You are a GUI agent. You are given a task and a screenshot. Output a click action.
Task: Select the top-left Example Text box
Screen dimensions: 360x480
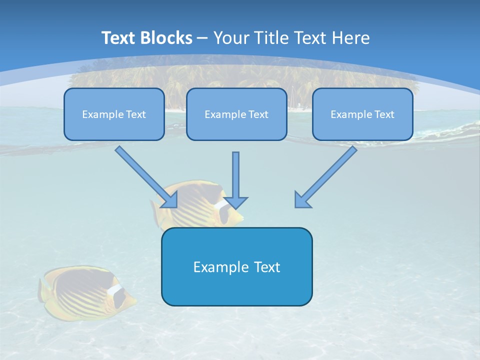click(x=114, y=114)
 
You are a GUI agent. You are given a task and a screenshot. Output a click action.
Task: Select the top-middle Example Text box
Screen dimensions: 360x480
click(x=236, y=114)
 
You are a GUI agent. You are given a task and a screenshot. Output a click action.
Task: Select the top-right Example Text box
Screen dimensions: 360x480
click(x=362, y=114)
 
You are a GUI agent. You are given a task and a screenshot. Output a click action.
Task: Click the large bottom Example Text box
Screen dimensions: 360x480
click(x=236, y=266)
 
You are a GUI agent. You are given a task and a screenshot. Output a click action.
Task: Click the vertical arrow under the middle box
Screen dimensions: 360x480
click(x=235, y=180)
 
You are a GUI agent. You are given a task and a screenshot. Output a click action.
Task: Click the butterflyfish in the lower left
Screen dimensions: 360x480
click(x=85, y=292)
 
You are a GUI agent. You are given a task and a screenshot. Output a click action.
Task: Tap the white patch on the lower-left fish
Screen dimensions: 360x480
click(x=115, y=290)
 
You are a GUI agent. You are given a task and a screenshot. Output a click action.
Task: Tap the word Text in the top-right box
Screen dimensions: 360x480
click(x=383, y=114)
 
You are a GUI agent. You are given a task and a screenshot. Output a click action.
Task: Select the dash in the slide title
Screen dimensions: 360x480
click(x=202, y=38)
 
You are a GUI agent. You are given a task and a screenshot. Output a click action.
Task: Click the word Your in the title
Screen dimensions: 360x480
click(x=230, y=38)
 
